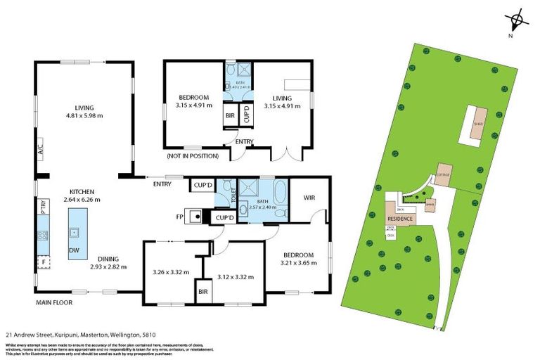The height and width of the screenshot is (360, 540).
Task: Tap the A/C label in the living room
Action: [40, 150]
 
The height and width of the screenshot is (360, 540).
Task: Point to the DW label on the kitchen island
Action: [74, 250]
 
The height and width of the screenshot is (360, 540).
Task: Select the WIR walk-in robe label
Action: [309, 198]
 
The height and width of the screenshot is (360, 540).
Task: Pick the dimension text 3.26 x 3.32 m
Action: [171, 271]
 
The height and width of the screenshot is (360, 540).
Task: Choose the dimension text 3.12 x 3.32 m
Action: [235, 276]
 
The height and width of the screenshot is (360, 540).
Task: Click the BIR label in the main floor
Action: [203, 290]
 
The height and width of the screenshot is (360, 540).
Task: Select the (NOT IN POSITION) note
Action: [192, 155]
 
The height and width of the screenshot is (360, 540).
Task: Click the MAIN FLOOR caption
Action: [57, 303]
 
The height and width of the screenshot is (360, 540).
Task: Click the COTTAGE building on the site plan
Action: [442, 174]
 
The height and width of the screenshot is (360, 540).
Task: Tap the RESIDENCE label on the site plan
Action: [400, 219]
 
